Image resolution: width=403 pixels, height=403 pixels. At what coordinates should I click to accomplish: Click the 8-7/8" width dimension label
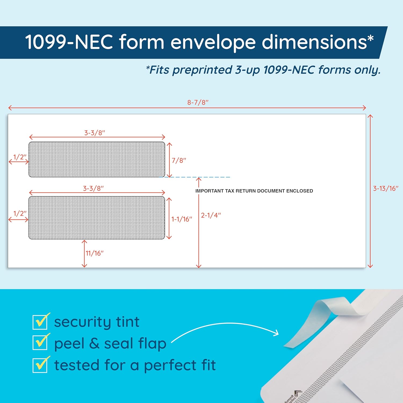pos(198,102)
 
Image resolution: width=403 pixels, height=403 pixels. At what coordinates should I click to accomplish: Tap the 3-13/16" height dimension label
pos(386,188)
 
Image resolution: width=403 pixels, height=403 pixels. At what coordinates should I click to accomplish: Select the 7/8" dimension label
pos(179,160)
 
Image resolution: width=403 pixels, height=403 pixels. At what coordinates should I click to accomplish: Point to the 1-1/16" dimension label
pos(182,219)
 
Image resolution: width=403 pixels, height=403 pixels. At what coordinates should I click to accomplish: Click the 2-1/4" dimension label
pos(211,215)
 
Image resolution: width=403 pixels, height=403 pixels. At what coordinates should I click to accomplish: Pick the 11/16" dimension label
pos(94,253)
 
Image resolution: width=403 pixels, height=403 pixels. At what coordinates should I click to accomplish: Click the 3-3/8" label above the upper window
pos(95,133)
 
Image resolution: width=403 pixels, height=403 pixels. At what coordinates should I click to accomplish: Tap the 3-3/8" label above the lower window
pos(93,188)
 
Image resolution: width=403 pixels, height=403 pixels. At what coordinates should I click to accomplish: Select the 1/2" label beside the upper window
pos(20,157)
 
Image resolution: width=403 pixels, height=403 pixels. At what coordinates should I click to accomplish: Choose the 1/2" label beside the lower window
pos(20,213)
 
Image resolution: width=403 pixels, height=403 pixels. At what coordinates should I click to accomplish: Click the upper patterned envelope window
pos(97,159)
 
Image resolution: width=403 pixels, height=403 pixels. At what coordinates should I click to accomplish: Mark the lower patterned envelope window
pos(97,218)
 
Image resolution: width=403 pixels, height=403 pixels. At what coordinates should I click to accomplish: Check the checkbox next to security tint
pos(40,322)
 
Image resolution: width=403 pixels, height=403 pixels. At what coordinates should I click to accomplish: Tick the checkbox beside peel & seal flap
pos(40,342)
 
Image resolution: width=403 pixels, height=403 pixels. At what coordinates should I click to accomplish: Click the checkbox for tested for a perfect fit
pos(40,365)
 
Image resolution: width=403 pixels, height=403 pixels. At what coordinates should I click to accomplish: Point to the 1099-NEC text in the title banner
pos(69,42)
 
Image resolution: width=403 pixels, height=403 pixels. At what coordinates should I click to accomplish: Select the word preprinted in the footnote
pos(202,70)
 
